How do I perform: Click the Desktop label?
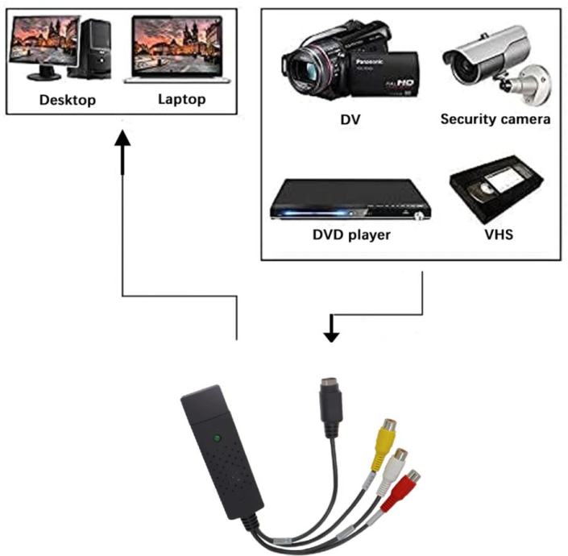point(68,101)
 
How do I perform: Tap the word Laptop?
point(181,100)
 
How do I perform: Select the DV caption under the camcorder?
point(350,120)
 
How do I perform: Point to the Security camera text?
point(495,119)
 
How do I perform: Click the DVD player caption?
point(351,235)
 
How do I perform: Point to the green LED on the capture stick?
point(218,439)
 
